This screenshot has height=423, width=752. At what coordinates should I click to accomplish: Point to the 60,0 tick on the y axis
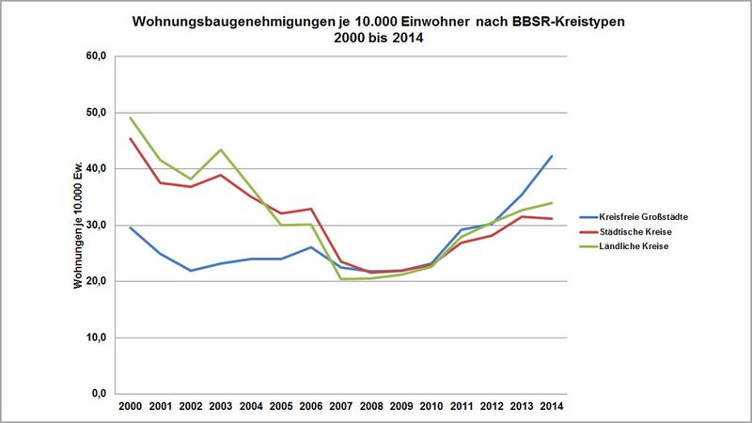tap(98, 56)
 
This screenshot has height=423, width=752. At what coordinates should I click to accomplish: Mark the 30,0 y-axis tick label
tap(98, 226)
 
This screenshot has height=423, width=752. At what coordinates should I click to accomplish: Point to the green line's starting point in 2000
tap(131, 117)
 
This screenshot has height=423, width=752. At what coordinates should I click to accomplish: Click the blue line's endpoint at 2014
tap(551, 156)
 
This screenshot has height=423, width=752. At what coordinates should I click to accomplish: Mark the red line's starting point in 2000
tap(131, 138)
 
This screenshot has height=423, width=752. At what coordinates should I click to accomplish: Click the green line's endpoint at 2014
tap(551, 203)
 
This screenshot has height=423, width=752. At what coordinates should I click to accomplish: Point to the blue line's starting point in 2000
tap(131, 227)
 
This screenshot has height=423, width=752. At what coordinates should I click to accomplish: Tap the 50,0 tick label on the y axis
tap(98, 113)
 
